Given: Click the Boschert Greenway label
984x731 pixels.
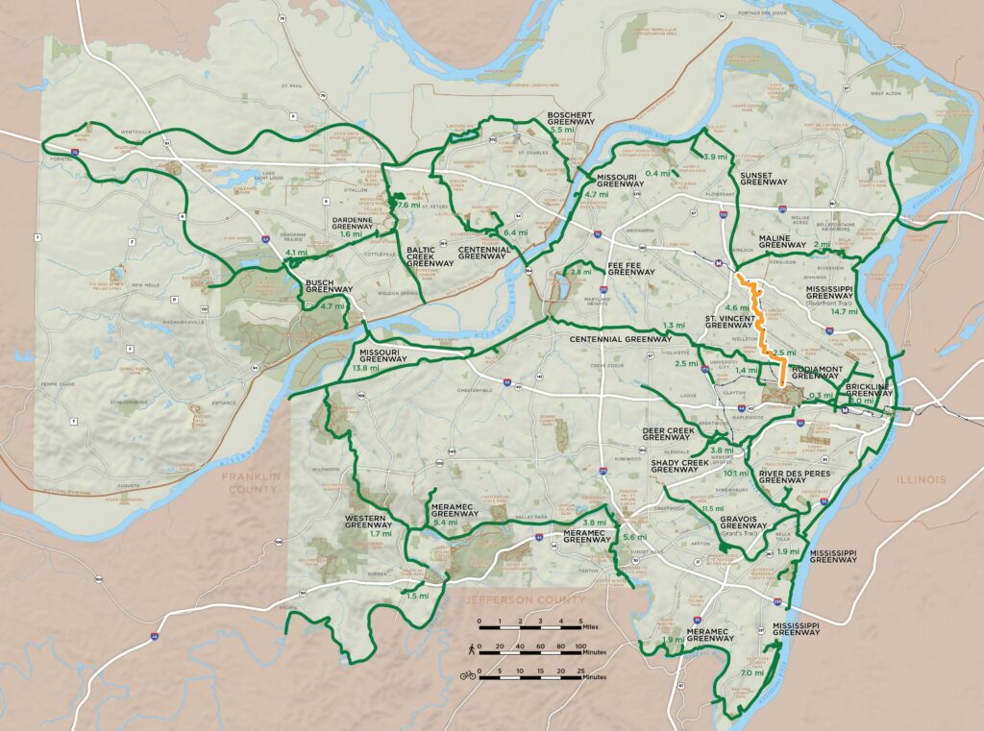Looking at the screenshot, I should point(571,118).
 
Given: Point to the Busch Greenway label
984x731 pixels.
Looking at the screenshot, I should point(331,286).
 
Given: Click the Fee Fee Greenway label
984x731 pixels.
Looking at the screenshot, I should point(630,272).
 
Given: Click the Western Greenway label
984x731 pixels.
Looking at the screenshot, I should point(367,522).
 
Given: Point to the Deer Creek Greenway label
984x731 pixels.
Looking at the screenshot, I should point(666,433).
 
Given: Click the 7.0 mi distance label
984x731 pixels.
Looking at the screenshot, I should point(752,673).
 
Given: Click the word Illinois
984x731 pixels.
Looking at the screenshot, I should point(919,479).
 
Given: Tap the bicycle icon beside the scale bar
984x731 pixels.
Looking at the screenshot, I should point(468,675).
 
